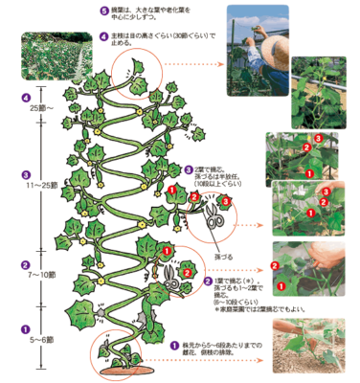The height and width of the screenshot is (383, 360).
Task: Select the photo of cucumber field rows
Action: (44, 56)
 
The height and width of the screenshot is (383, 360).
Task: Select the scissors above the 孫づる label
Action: (214, 216)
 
